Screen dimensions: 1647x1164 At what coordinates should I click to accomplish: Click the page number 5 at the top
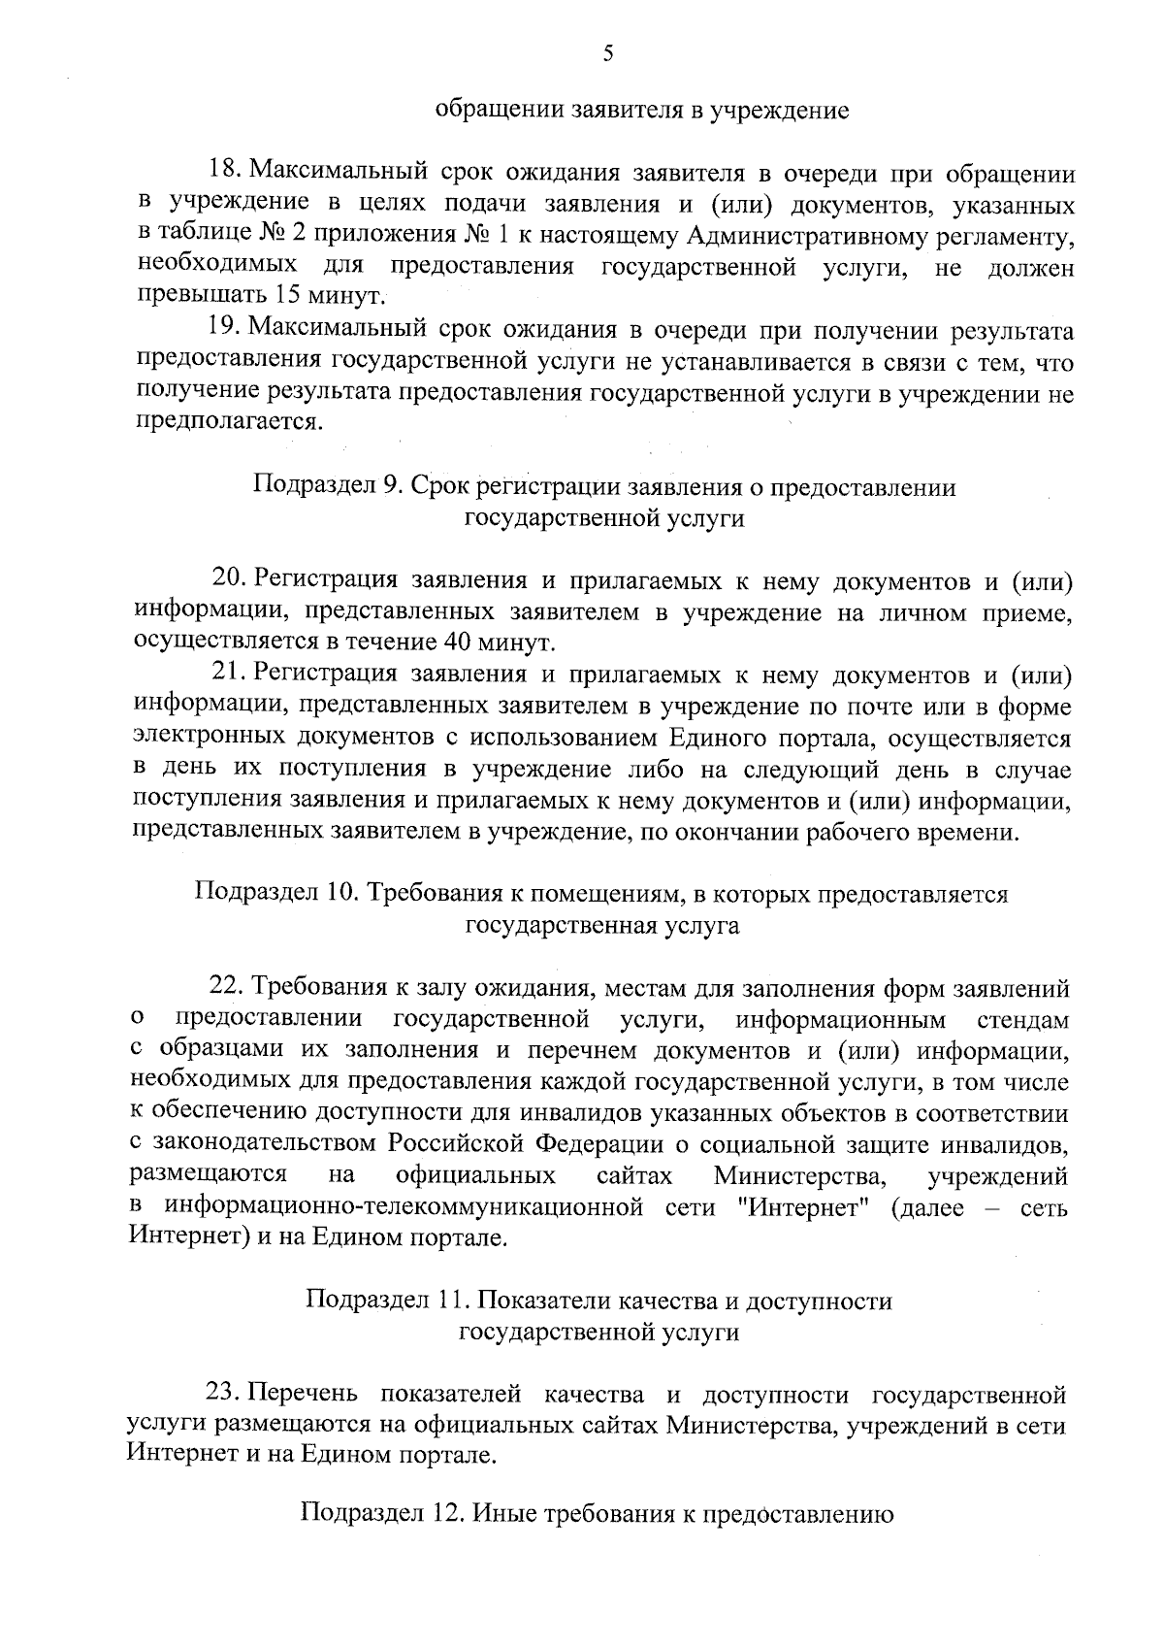click(607, 54)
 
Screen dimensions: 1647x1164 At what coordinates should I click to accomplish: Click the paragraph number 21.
click(229, 674)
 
